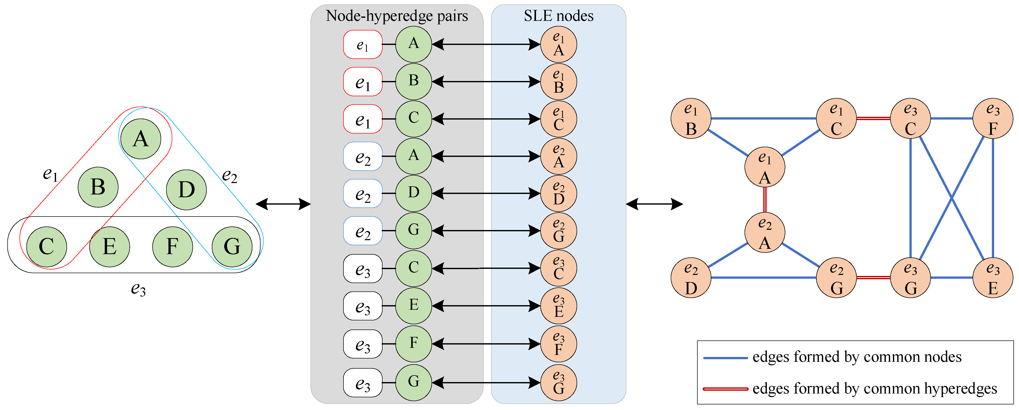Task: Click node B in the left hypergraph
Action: (98, 187)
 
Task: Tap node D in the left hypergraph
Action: (186, 190)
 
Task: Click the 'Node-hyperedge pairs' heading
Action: (396, 16)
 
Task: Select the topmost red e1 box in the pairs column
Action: (362, 44)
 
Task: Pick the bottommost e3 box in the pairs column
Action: (362, 383)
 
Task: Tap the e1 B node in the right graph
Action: (691, 118)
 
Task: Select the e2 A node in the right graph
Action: (764, 233)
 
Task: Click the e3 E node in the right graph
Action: (993, 278)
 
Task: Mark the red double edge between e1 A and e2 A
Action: (765, 200)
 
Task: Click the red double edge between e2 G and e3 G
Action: (873, 278)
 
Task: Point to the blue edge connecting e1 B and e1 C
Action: (764, 118)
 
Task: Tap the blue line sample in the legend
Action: (725, 358)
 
